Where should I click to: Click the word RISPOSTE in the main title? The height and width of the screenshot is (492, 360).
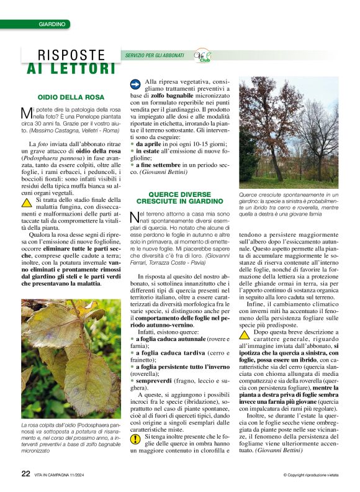tap(71, 55)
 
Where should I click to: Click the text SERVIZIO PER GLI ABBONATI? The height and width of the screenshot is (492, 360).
tap(155, 55)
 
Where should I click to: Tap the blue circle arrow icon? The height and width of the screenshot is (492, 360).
tap(135, 83)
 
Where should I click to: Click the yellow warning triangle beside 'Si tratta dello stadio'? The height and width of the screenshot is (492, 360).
tap(27, 202)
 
